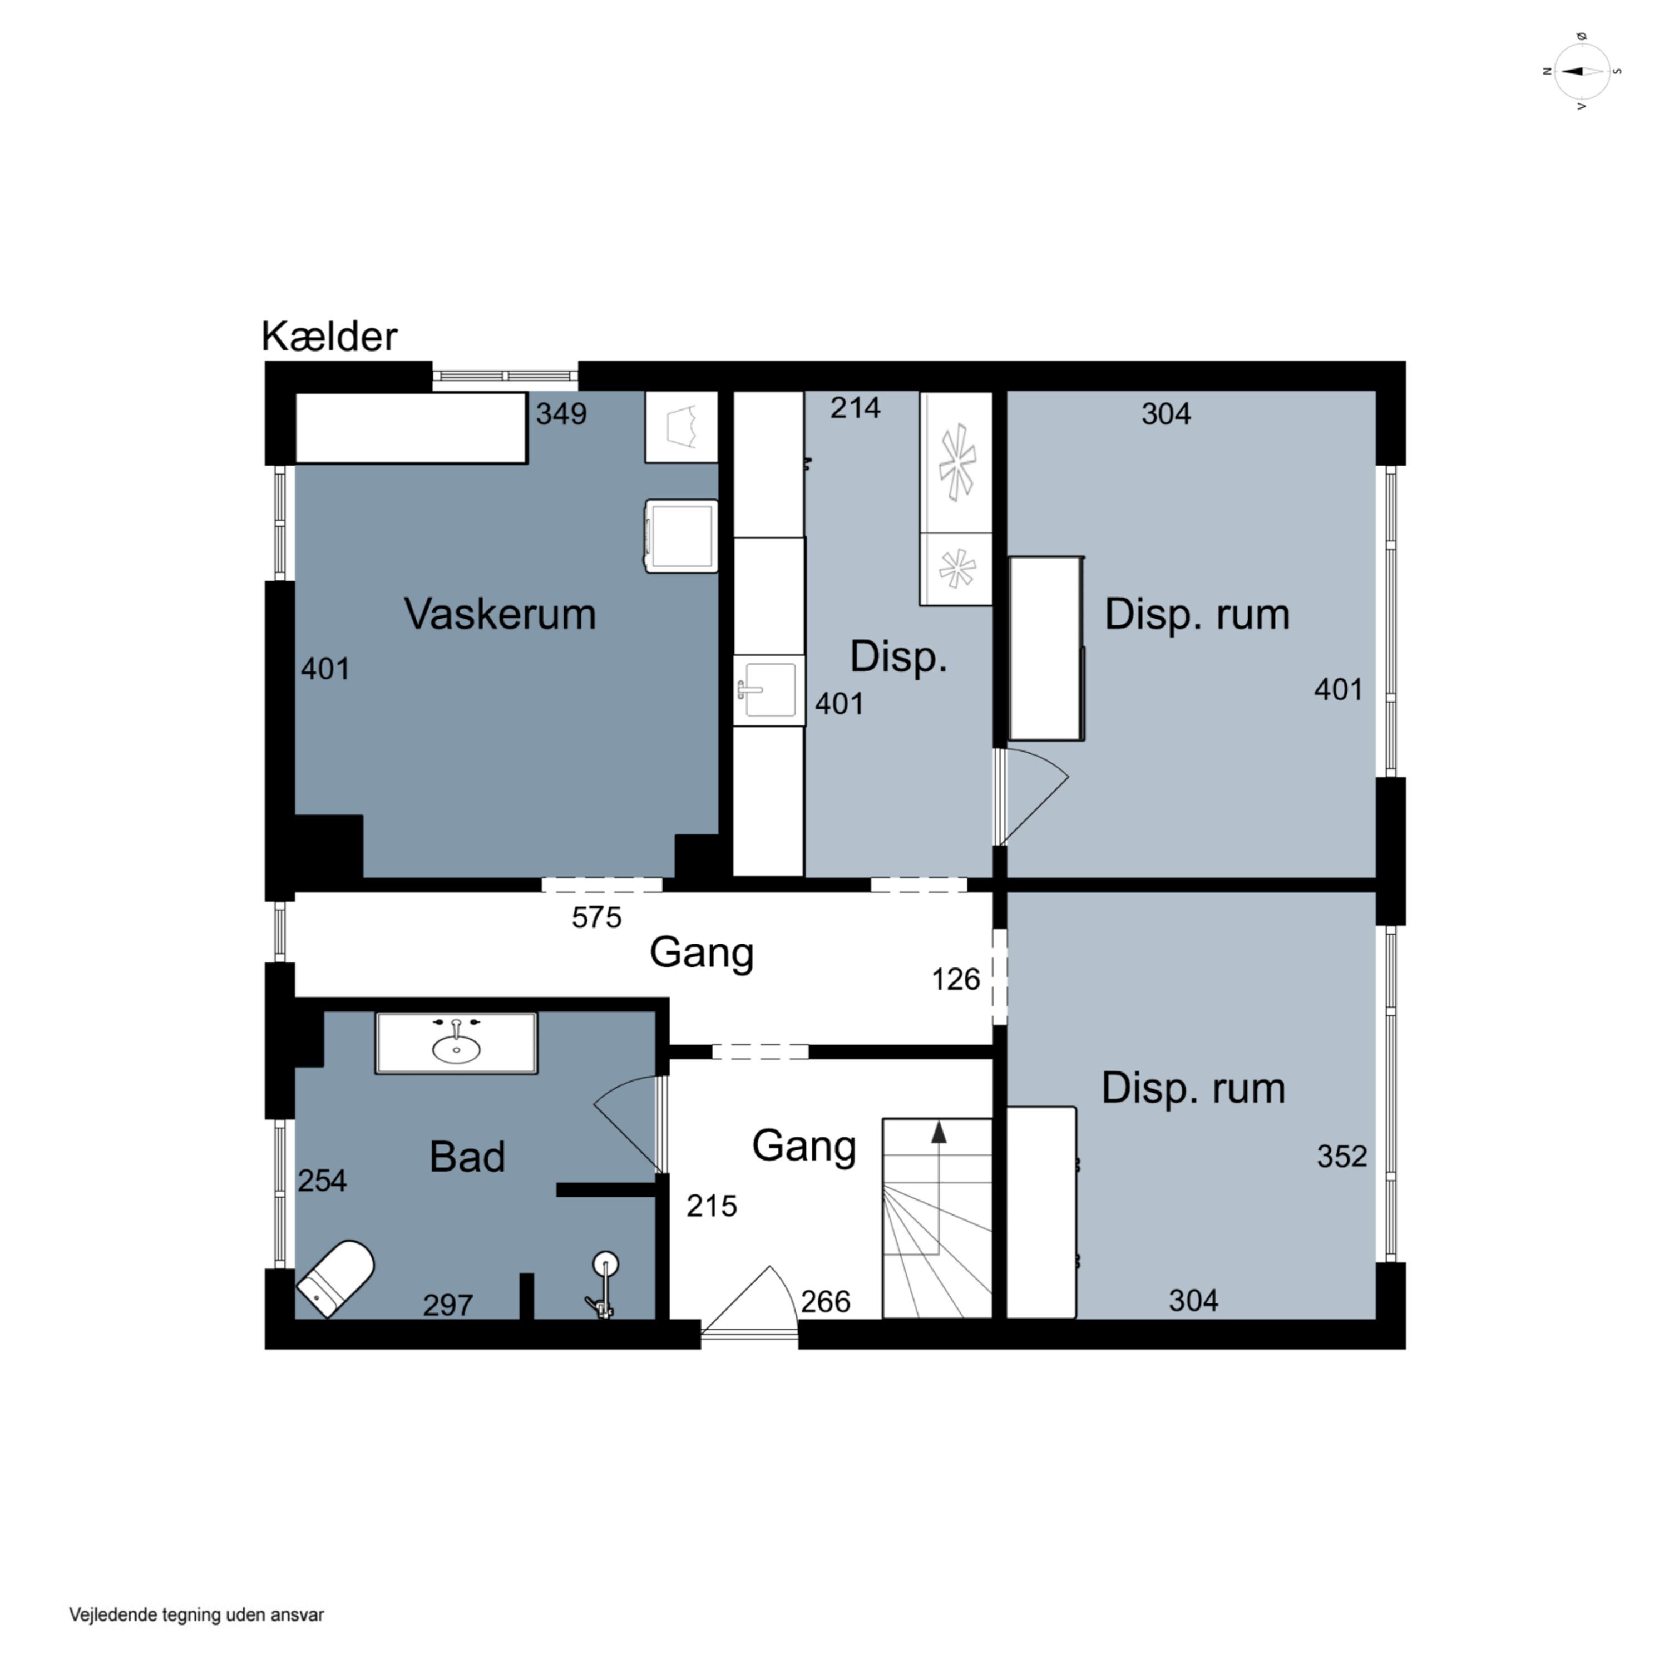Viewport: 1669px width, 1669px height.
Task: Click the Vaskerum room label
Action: coord(500,614)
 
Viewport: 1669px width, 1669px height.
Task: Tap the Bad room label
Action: coord(467,1157)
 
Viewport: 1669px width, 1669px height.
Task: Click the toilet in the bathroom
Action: coord(336,1278)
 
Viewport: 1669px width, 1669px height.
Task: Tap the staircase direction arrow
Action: coord(938,1188)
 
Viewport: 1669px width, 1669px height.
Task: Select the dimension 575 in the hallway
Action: coord(596,917)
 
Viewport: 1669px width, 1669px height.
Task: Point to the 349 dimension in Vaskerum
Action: coord(561,414)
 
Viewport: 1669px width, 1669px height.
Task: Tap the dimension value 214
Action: coord(855,407)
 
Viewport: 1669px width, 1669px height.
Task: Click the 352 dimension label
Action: coord(1341,1156)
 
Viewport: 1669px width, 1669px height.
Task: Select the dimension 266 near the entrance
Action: coord(825,1301)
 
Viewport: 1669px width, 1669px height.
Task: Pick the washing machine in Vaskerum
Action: coord(682,536)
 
